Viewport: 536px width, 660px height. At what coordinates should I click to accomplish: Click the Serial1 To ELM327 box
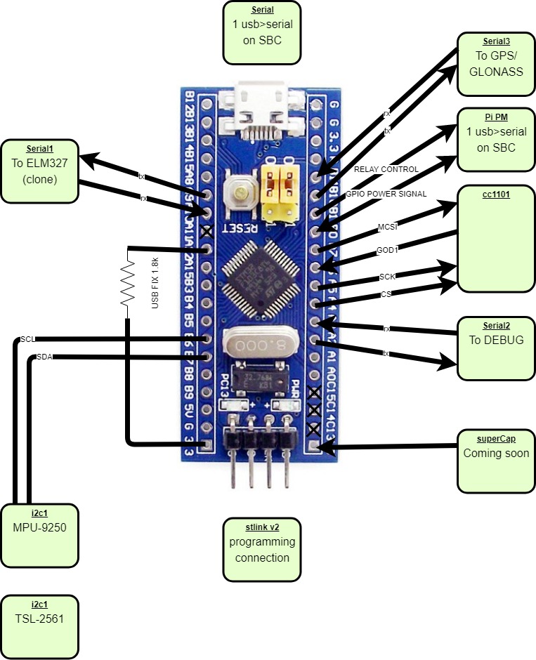click(x=39, y=171)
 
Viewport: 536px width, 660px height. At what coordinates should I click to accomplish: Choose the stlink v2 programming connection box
click(x=262, y=550)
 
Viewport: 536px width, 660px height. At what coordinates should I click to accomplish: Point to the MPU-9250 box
click(x=39, y=534)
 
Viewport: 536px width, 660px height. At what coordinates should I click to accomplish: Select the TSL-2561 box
click(x=39, y=627)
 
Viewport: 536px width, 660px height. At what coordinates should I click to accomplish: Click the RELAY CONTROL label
click(x=386, y=169)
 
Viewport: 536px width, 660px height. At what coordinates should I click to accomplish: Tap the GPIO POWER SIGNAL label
click(x=386, y=194)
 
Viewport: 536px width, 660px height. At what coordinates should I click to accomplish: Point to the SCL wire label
click(x=27, y=339)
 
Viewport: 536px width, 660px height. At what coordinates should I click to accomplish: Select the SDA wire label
click(x=44, y=357)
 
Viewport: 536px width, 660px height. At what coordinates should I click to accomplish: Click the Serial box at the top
click(x=262, y=32)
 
